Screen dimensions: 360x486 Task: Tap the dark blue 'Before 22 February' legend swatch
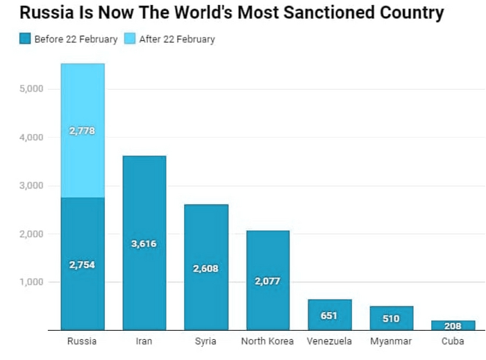(24, 40)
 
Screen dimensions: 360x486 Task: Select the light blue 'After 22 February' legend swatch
(131, 40)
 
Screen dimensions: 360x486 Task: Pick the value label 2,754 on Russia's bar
(83, 265)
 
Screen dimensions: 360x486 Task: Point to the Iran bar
(144, 208)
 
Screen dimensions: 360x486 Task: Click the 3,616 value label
(144, 244)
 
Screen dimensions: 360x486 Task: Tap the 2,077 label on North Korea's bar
(268, 281)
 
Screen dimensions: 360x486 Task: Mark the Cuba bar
(453, 325)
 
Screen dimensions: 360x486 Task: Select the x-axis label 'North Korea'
(268, 341)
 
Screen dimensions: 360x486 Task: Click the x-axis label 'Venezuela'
(329, 341)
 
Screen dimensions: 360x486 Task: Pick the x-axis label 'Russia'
(82, 341)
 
